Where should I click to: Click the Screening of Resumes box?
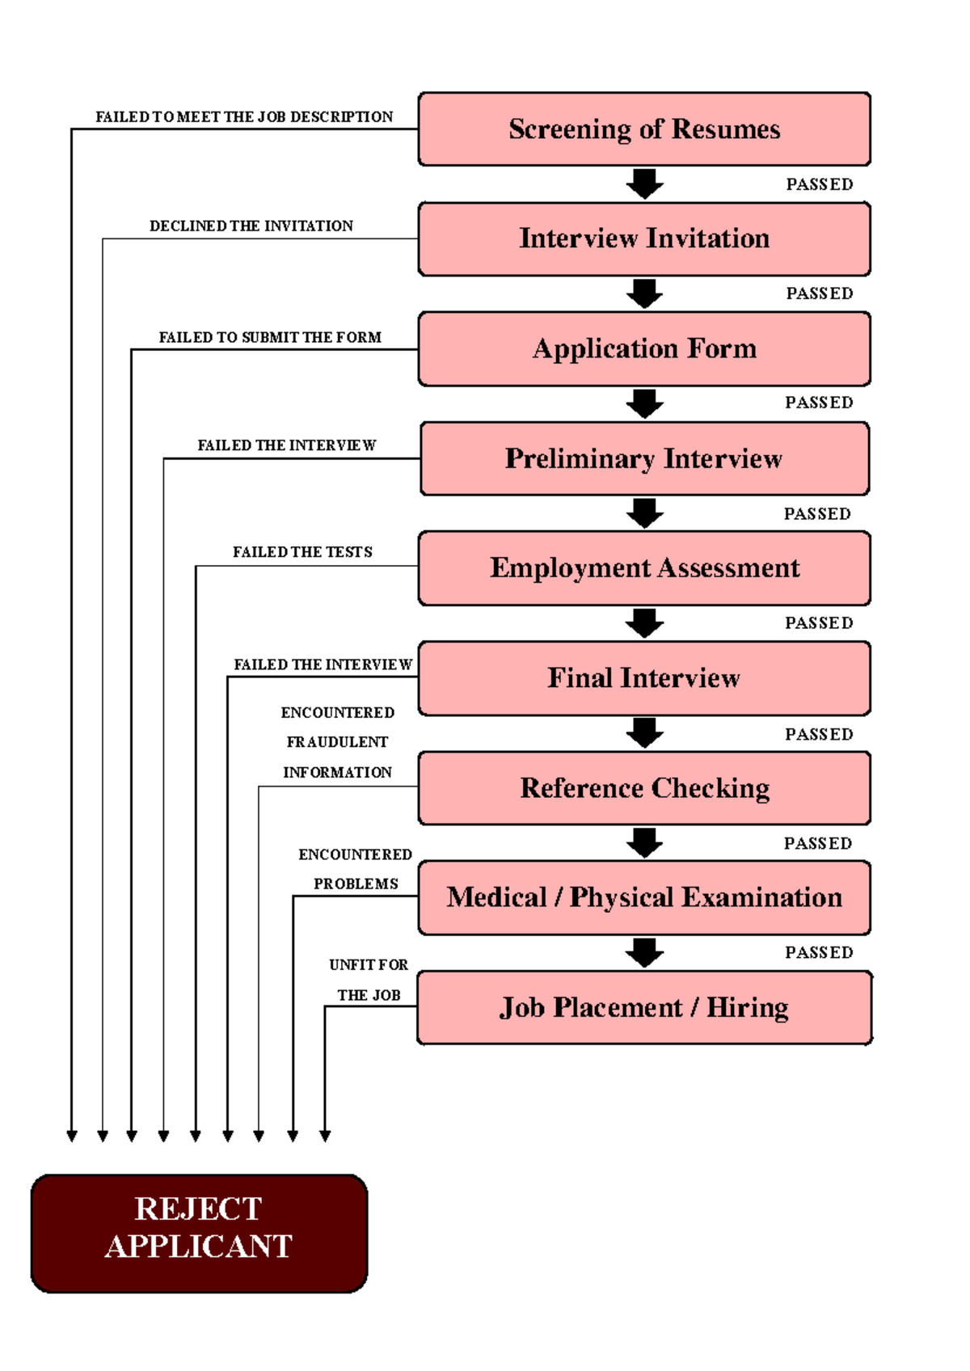[x=644, y=129]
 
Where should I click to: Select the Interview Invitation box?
[x=644, y=238]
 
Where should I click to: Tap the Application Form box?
[x=644, y=348]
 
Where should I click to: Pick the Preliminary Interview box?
[x=644, y=458]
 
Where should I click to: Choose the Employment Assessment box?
[x=644, y=567]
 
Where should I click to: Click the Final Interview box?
[x=644, y=678]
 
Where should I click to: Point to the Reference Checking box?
[x=644, y=788]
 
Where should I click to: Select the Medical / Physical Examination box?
[x=644, y=897]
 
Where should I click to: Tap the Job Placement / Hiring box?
[x=644, y=1007]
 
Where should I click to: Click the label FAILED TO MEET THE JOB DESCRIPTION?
[x=244, y=117]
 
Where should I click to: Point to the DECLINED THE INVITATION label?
[x=251, y=226]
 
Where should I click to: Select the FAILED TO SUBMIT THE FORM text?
[x=270, y=337]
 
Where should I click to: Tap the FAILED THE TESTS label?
[x=302, y=552]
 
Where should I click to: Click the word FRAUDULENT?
[x=337, y=742]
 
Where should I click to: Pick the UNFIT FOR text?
[x=369, y=965]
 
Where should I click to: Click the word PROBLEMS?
[x=356, y=884]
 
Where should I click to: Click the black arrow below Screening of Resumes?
[x=644, y=184]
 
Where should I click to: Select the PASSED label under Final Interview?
[x=819, y=734]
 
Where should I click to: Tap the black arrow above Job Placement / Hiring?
[x=644, y=952]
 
